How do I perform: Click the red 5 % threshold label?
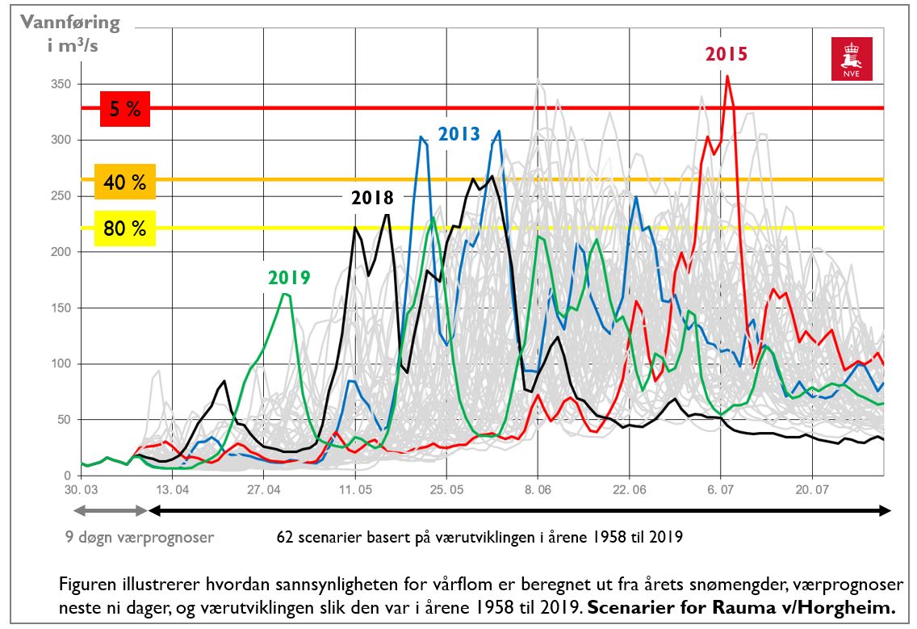tap(125, 109)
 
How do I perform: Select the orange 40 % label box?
tap(125, 182)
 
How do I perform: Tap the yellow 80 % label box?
tap(125, 229)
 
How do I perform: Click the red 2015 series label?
tap(726, 54)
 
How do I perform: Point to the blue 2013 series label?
tap(458, 133)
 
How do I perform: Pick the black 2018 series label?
tap(372, 198)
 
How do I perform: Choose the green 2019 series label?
tap(289, 278)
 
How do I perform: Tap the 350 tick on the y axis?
tap(62, 85)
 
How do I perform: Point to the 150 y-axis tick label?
tap(62, 308)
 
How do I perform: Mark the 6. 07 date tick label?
tap(721, 489)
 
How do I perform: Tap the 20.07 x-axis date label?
tap(812, 489)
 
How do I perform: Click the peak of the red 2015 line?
tap(727, 77)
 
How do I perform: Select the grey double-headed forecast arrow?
tap(110, 510)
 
